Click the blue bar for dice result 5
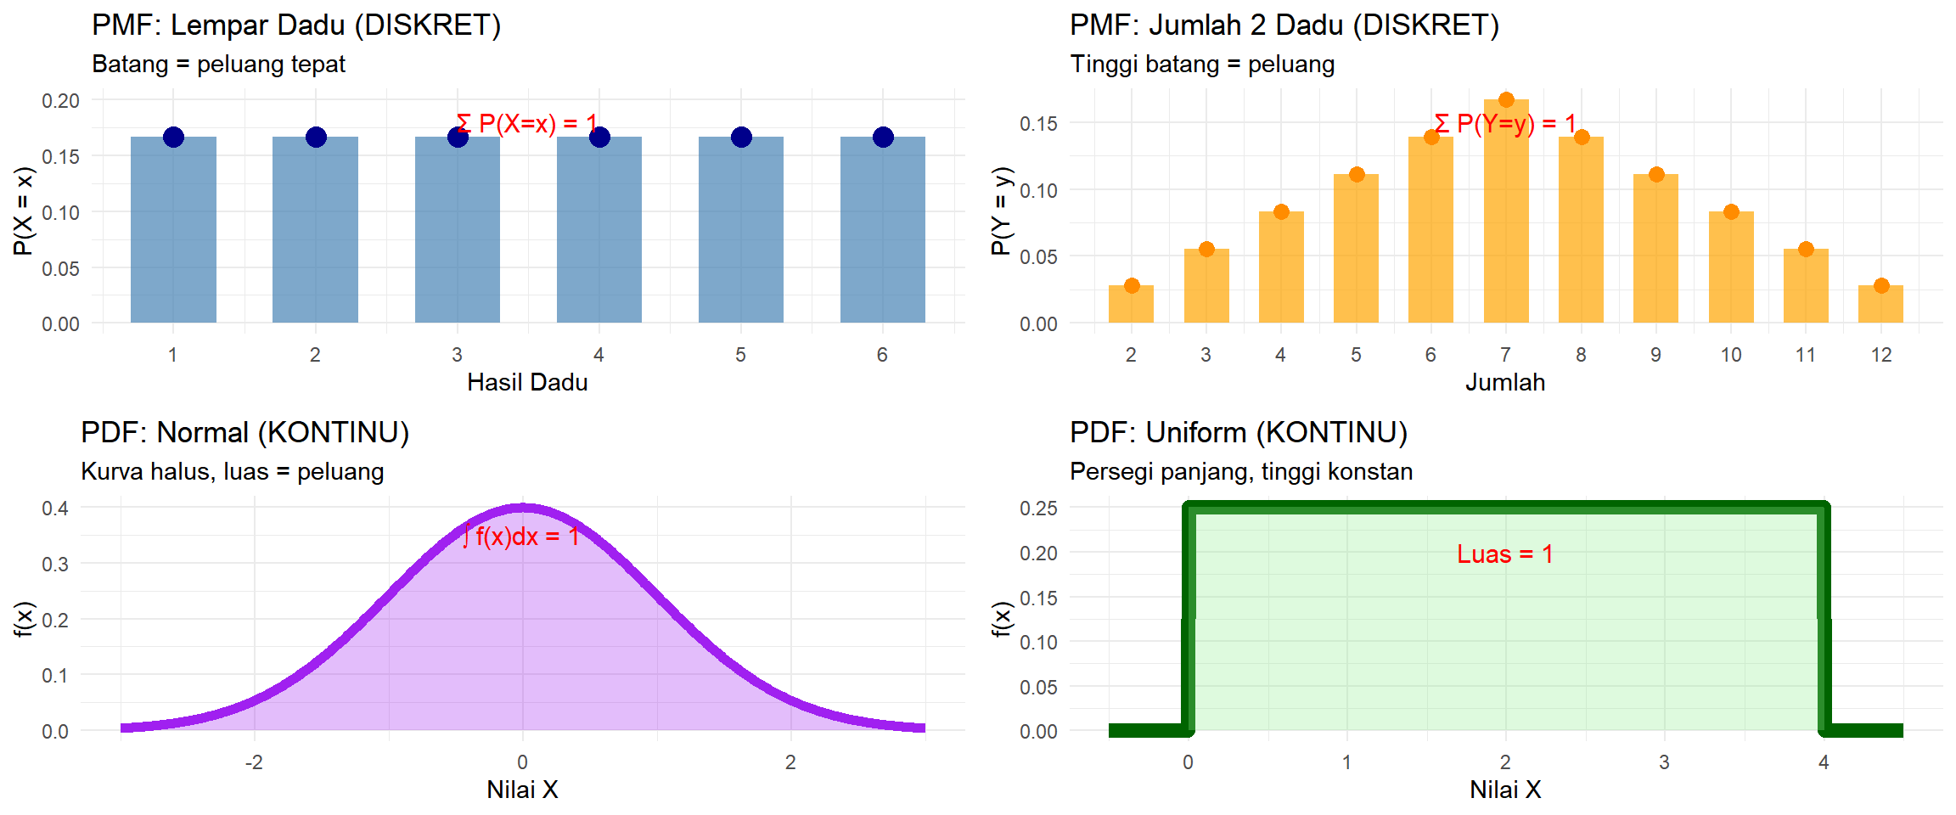click(740, 229)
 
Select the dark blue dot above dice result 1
click(173, 137)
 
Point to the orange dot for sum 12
click(1880, 285)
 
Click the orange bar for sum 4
click(1280, 267)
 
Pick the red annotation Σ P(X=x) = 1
click(526, 124)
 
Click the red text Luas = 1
click(1504, 554)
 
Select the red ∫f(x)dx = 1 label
click(521, 537)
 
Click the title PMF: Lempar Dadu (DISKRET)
click(296, 25)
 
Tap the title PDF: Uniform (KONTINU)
click(1238, 433)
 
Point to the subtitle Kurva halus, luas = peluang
click(232, 472)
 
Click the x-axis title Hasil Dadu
click(527, 383)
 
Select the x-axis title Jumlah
click(1504, 383)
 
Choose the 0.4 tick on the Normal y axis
click(55, 509)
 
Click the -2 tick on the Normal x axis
click(253, 762)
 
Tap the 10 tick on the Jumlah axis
click(1730, 355)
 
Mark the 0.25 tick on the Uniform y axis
click(1038, 509)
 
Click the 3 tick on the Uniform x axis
click(1664, 762)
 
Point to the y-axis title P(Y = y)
click(1002, 211)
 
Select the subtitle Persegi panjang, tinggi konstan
click(1240, 472)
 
